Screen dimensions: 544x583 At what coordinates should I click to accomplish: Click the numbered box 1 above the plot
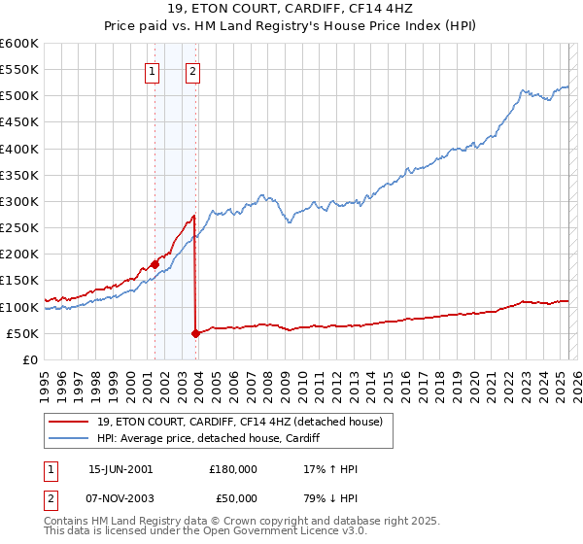pyautogui.click(x=153, y=70)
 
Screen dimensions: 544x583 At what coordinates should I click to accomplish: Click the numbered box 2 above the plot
pyautogui.click(x=193, y=70)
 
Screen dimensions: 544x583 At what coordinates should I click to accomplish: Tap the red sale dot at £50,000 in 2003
pyautogui.click(x=195, y=333)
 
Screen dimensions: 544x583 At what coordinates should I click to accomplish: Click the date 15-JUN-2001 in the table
pyautogui.click(x=120, y=468)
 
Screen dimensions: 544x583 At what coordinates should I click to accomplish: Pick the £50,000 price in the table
pyautogui.click(x=232, y=497)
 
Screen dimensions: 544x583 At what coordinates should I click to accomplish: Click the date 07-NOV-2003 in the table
pyautogui.click(x=120, y=497)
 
